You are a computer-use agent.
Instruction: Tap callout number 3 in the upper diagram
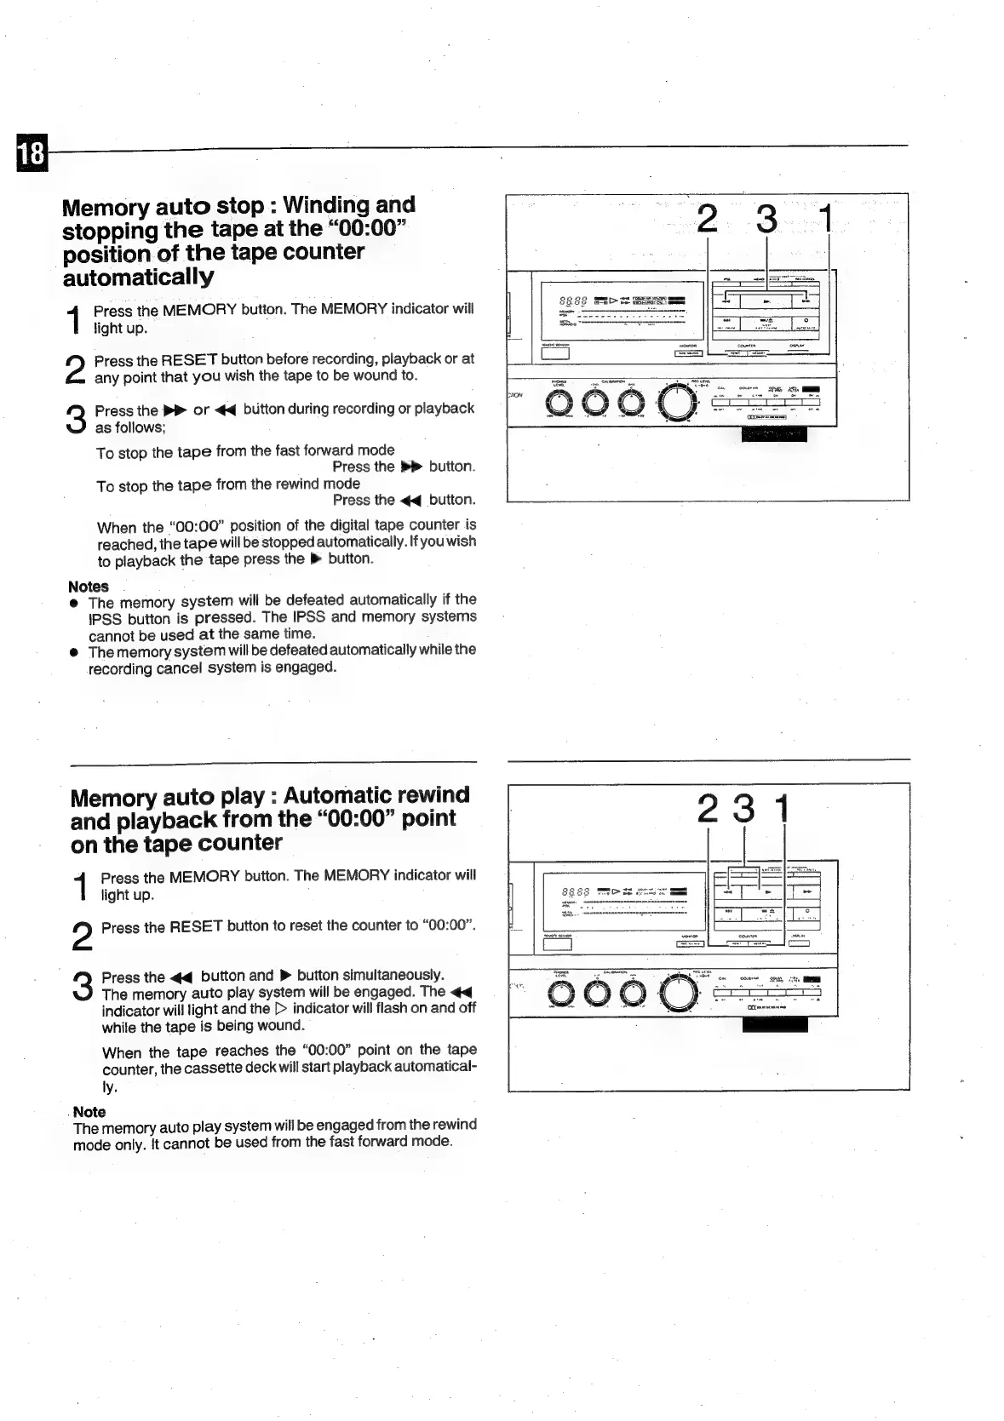(766, 219)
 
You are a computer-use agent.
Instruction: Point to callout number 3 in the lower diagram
(744, 808)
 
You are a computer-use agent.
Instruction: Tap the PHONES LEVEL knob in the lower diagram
(563, 994)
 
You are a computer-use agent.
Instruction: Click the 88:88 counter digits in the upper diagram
(573, 301)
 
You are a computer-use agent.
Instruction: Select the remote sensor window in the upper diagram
(555, 354)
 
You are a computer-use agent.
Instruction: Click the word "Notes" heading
(89, 587)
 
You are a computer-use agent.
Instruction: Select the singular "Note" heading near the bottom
(89, 1112)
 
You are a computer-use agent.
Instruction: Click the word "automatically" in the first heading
(138, 278)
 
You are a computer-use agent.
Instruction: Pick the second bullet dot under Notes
(75, 652)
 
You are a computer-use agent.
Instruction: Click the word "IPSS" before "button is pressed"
(105, 619)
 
